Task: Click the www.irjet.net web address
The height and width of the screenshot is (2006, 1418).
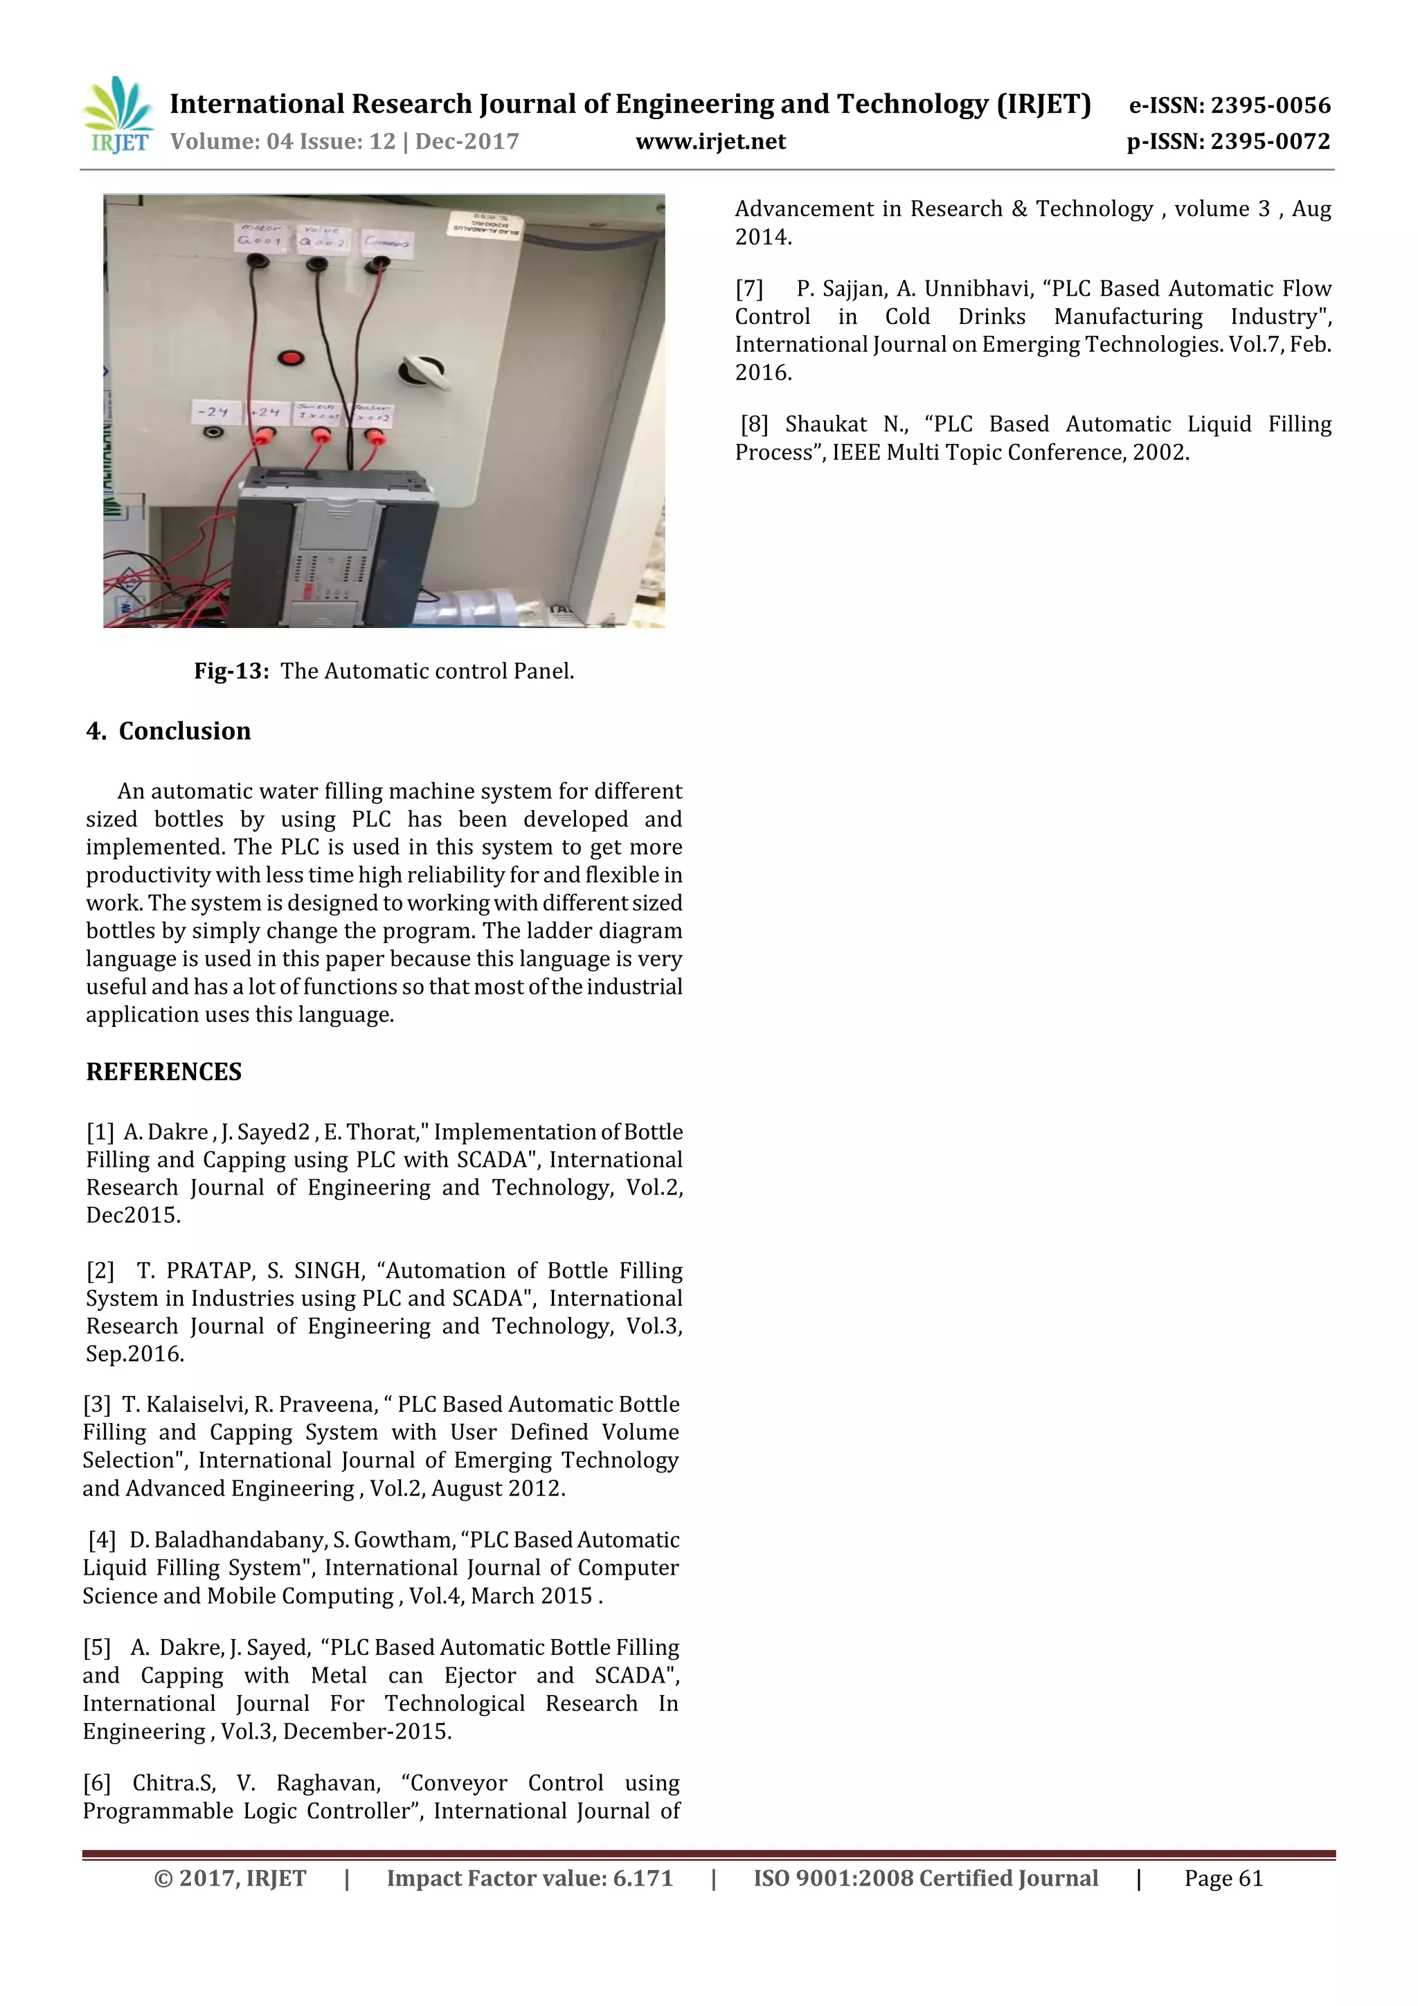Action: point(710,141)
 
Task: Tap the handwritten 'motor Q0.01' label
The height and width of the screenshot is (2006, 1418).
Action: point(260,235)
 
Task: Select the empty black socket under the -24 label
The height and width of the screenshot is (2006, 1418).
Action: point(213,433)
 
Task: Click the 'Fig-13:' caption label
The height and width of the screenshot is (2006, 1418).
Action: point(231,671)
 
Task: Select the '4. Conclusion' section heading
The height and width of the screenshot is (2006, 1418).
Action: point(169,731)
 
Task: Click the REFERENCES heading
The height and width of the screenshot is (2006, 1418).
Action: point(163,1072)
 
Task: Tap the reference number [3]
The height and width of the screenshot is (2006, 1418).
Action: point(97,1405)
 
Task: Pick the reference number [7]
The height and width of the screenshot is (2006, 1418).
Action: point(748,288)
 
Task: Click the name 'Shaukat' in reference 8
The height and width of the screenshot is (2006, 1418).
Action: point(825,424)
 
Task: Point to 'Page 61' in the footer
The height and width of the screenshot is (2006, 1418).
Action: point(1223,1879)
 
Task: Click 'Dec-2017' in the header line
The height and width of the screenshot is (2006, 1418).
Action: point(467,141)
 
